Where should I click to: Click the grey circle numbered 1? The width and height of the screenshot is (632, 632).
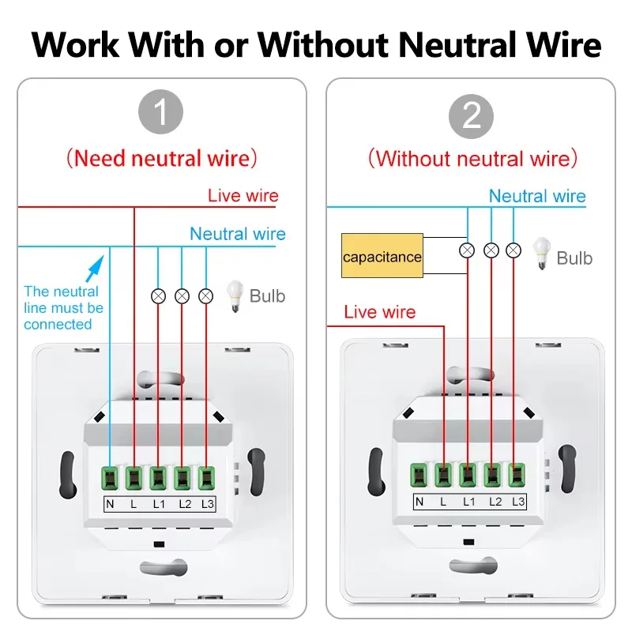161,114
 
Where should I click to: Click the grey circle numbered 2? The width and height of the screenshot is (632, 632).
472,116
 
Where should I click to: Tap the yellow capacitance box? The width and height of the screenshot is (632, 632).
382,256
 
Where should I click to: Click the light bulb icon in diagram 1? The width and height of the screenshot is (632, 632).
235,295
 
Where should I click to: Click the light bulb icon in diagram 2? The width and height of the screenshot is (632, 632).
542,254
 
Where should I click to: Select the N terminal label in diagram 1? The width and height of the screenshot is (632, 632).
111,502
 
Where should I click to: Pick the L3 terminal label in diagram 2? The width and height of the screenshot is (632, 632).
518,502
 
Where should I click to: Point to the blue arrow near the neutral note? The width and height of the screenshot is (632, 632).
95,267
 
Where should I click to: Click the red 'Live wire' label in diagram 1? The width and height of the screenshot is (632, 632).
243,195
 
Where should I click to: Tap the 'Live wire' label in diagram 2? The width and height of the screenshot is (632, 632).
380,312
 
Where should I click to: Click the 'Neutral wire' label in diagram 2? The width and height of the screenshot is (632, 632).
537,196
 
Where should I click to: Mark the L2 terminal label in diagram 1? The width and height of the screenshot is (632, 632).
183,502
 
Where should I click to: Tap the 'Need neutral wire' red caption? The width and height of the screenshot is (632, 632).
161,158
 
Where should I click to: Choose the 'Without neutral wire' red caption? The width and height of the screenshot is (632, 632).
472,158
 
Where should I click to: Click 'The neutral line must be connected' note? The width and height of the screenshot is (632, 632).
63,308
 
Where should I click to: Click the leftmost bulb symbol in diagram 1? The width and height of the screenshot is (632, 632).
158,296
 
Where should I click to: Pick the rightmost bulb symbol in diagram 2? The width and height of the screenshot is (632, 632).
514,250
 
